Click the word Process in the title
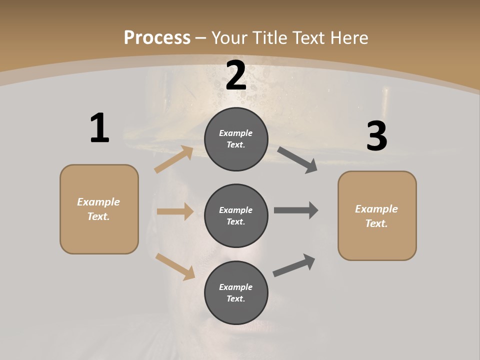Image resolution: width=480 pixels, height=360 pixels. point(157,38)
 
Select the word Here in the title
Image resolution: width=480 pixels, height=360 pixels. point(346,38)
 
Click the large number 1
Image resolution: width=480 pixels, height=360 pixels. point(99,128)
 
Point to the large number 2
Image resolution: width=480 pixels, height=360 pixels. point(236,75)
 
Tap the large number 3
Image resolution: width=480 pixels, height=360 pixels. point(376,136)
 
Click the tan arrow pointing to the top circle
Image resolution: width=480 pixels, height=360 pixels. point(174,159)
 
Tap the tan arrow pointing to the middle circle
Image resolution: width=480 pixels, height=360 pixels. point(175,211)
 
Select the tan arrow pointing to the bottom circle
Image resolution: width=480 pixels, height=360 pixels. point(175,266)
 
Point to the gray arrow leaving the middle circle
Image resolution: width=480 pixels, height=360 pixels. point(296,210)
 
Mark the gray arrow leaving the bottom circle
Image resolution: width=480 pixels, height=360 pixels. point(294,265)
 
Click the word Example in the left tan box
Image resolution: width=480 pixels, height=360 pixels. point(98,202)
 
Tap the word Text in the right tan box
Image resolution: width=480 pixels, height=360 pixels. point(376,223)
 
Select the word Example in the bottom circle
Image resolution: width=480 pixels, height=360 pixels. point(236,287)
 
